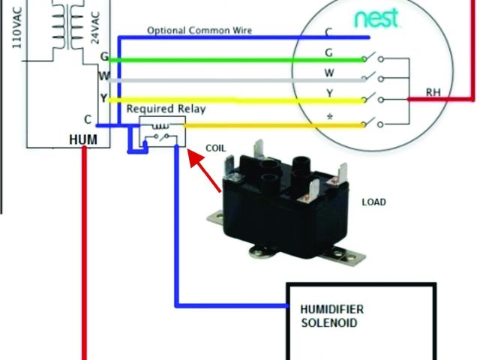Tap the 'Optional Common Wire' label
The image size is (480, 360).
click(199, 31)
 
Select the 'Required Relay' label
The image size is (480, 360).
click(166, 109)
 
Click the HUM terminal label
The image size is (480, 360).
click(82, 140)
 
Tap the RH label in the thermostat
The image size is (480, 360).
click(433, 92)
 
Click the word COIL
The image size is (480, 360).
click(214, 148)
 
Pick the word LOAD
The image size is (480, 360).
click(374, 202)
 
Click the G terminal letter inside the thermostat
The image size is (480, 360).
click(328, 52)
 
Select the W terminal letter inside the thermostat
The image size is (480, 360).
click(328, 73)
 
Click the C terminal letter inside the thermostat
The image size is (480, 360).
click(328, 32)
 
